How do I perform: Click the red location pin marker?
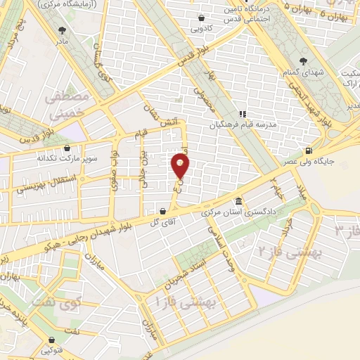point(181,166)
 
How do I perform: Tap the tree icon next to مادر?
point(64,30)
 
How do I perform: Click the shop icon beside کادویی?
point(202,18)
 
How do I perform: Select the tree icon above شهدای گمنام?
point(303,61)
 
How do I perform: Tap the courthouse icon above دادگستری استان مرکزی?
point(238,200)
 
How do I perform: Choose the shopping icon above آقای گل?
point(163,210)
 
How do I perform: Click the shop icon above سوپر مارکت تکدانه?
point(67,148)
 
